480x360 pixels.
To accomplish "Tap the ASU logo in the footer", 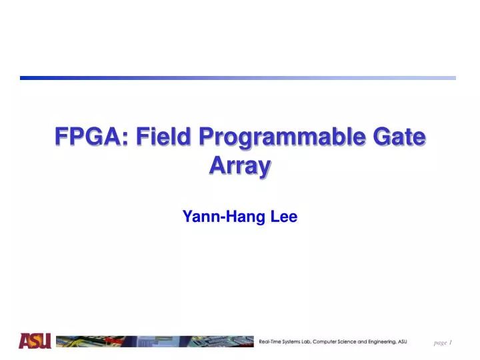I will coord(35,341).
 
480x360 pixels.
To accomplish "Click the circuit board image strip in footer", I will coord(154,341).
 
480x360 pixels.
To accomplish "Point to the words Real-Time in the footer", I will coord(273,341).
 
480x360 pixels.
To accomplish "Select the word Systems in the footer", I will coord(301,341).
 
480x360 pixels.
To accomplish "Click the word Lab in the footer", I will coord(321,341).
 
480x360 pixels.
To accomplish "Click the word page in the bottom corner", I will coord(440,343).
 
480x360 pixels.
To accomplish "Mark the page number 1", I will coord(451,343).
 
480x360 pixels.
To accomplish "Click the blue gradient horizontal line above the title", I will coord(238,78).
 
